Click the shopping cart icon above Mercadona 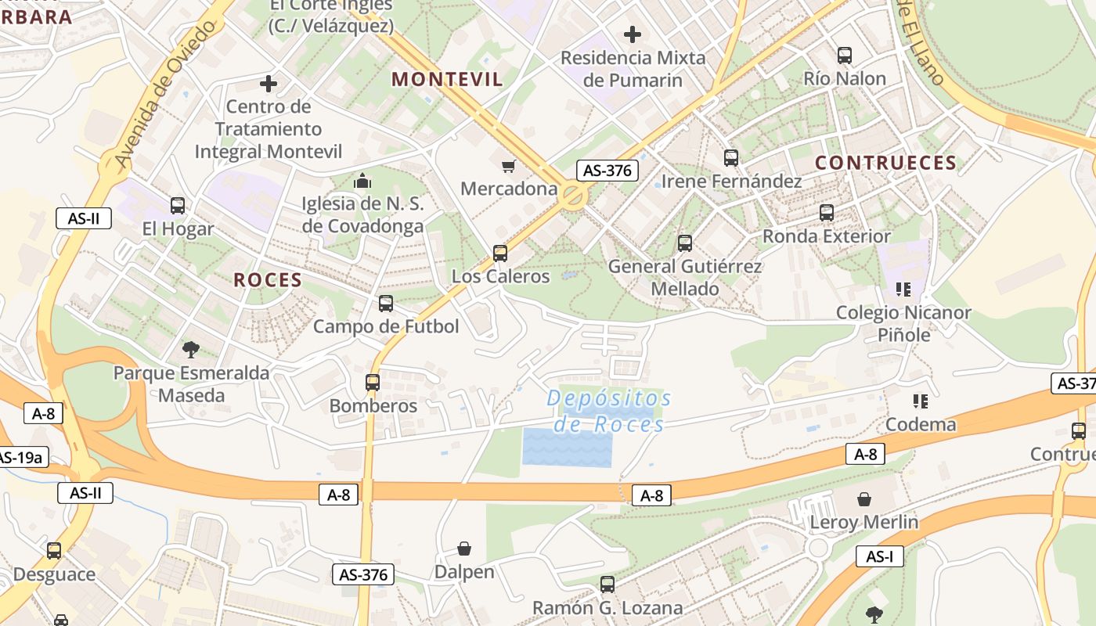[509, 166]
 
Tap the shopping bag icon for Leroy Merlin [864, 499]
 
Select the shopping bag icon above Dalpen [464, 549]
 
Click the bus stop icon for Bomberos [373, 383]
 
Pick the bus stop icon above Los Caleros [500, 254]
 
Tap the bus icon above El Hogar [178, 206]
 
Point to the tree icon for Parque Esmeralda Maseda [190, 349]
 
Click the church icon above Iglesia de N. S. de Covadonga [362, 182]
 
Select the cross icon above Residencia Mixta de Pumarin [633, 34]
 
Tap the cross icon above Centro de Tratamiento [269, 83]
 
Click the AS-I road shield [880, 556]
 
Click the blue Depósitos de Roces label [609, 411]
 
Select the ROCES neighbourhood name [268, 280]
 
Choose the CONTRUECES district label [885, 163]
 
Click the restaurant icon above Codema [921, 401]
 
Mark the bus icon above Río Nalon [845, 56]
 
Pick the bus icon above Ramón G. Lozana [607, 584]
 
